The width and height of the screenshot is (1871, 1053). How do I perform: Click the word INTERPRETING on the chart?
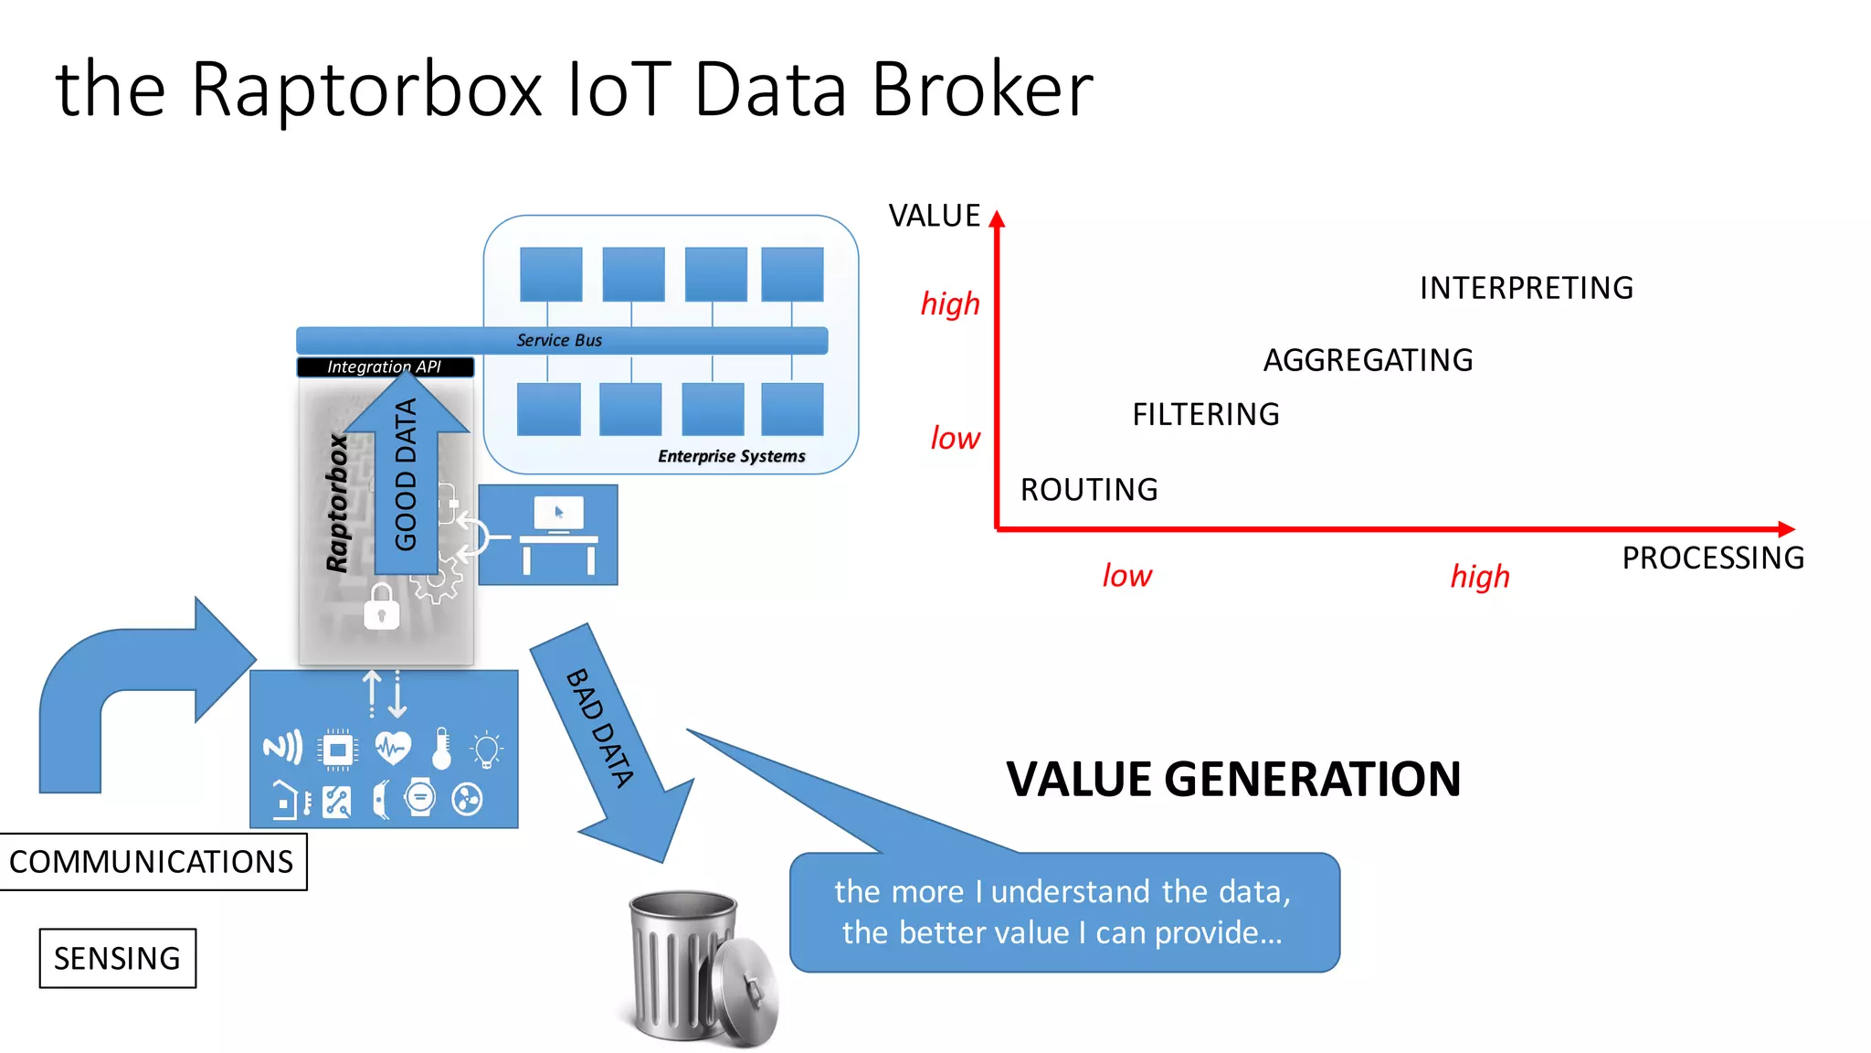[x=1526, y=288]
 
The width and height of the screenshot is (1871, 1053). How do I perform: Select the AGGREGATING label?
[x=1368, y=360]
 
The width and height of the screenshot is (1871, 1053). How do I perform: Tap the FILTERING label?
[x=1205, y=414]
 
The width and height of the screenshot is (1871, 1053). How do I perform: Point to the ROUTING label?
[x=1089, y=490]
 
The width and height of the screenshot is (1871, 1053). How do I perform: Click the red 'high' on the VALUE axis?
[x=950, y=303]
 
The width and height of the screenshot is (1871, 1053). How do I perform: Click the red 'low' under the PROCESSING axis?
[x=1126, y=576]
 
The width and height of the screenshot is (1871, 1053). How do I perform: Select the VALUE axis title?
[x=934, y=216]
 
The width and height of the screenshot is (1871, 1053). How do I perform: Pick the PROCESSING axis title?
[x=1712, y=558]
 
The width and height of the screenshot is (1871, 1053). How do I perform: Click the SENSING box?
[x=117, y=958]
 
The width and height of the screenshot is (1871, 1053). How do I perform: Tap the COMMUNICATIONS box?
[x=152, y=861]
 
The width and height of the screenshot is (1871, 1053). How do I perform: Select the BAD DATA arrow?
[x=612, y=740]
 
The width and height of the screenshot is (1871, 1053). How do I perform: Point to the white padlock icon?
[x=382, y=607]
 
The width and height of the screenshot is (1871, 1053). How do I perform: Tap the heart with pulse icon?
[x=393, y=749]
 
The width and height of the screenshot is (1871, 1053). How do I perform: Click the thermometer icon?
[x=442, y=749]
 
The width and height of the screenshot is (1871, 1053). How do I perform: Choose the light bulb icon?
[x=486, y=750]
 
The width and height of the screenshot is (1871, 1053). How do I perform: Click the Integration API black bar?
[x=385, y=367]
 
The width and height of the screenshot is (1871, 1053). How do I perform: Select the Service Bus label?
[x=559, y=340]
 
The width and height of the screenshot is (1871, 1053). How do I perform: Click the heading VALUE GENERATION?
[x=1233, y=779]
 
